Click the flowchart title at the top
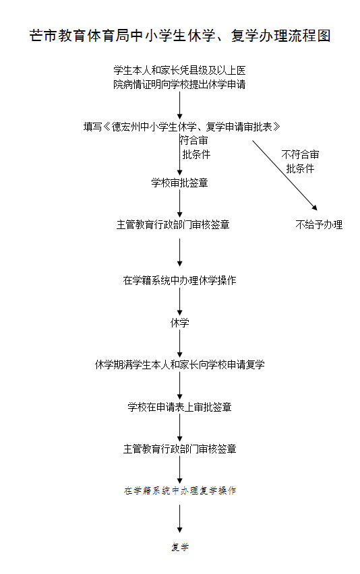tap(180, 36)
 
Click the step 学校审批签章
tap(179, 183)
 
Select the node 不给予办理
tap(319, 224)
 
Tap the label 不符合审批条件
tap(300, 162)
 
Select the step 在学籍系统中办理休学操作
tap(179, 280)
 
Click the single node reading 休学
tap(179, 323)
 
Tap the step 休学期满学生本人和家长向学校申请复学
tap(179, 364)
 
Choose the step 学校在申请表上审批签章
tap(179, 407)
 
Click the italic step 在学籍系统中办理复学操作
tap(179, 490)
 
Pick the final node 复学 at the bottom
tap(179, 547)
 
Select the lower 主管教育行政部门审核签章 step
tap(179, 448)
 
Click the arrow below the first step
tap(180, 104)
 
